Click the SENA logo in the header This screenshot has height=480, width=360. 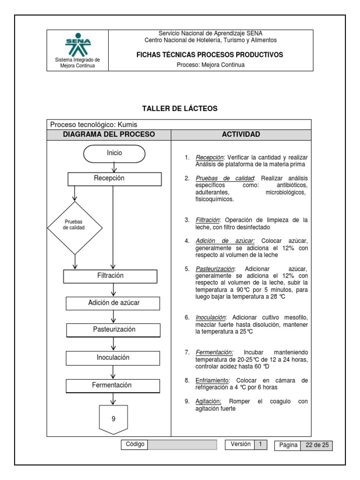tap(77, 45)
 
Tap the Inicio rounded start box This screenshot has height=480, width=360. tap(114, 153)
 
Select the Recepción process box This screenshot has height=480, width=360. tap(114, 179)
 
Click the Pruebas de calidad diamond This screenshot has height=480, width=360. tap(75, 228)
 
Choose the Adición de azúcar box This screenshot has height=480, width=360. tap(114, 303)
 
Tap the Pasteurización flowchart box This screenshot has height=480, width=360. tap(114, 330)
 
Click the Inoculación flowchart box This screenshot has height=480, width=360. tap(114, 358)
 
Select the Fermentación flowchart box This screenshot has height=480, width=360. tap(114, 385)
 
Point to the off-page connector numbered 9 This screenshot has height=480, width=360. tap(113, 419)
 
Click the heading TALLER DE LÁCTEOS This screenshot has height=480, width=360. tap(180, 109)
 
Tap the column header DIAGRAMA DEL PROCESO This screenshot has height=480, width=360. tap(109, 135)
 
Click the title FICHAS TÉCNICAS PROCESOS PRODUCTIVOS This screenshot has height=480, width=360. tap(210, 55)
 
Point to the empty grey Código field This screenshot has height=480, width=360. tap(182, 444)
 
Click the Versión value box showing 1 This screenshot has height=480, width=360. tap(260, 444)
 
